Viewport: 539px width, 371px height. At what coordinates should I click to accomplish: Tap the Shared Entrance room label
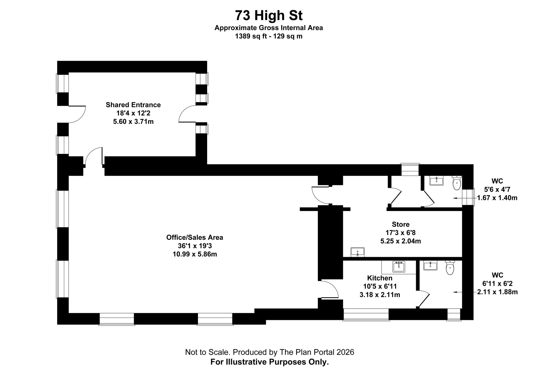(x=133, y=105)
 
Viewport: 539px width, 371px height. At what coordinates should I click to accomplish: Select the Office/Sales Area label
(x=194, y=237)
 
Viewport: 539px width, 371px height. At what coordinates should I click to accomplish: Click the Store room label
(x=401, y=224)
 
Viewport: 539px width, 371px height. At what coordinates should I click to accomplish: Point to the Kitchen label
(x=380, y=278)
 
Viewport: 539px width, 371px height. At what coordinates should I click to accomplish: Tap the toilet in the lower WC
(x=450, y=268)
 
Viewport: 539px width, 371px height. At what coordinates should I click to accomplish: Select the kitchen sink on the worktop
(x=399, y=267)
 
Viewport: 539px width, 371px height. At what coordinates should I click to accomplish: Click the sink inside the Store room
(x=357, y=252)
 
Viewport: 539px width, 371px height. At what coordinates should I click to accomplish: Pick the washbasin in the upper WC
(x=436, y=181)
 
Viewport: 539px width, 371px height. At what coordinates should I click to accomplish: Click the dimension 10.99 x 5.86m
(x=194, y=254)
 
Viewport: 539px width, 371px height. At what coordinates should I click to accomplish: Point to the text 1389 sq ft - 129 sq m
(x=269, y=36)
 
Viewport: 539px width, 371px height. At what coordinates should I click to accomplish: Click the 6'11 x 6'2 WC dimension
(x=497, y=284)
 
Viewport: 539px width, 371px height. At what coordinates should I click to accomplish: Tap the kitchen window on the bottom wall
(x=366, y=314)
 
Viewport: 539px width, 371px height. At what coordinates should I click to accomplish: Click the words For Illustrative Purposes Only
(x=269, y=362)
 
